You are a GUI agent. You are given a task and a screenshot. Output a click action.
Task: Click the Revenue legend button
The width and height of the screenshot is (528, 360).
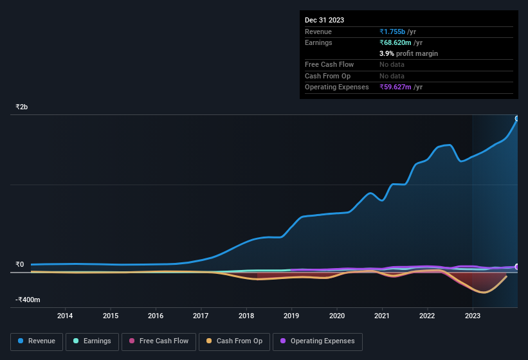(x=37, y=341)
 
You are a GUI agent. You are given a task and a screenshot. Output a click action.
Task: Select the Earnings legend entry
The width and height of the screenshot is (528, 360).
(x=92, y=341)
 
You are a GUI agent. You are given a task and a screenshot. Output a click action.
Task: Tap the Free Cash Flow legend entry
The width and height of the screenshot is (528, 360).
(x=158, y=341)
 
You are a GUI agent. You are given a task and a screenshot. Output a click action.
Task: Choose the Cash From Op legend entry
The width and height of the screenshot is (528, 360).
(x=235, y=341)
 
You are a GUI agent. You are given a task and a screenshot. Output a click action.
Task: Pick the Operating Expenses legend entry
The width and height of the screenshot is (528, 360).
(x=317, y=341)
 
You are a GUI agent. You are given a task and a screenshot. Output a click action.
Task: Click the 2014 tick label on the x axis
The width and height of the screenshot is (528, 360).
(x=65, y=316)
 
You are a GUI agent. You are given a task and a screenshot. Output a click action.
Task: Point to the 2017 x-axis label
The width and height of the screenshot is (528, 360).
(x=201, y=316)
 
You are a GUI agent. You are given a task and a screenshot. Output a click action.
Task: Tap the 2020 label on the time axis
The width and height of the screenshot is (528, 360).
(x=336, y=316)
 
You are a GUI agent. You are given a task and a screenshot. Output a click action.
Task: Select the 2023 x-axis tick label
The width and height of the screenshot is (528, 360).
(x=472, y=316)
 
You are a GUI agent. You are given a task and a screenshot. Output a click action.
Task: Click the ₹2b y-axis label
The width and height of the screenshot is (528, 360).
(x=22, y=107)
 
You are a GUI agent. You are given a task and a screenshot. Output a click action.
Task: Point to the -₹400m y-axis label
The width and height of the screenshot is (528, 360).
(x=28, y=300)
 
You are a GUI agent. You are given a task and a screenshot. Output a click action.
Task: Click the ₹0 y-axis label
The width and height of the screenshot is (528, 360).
(x=20, y=264)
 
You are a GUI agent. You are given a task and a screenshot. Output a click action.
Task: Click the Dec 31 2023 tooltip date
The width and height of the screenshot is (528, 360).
(x=324, y=20)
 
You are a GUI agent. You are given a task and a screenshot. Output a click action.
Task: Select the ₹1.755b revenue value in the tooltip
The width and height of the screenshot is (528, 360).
(x=393, y=32)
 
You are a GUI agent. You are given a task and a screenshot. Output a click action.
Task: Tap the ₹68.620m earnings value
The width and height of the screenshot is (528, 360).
(x=396, y=43)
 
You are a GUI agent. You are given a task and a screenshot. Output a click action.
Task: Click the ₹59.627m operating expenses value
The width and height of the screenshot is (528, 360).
(x=396, y=87)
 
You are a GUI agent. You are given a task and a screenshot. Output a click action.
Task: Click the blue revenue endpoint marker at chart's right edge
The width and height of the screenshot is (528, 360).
(x=517, y=118)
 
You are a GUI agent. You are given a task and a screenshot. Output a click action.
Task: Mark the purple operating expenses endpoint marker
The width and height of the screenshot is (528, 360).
(x=517, y=267)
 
